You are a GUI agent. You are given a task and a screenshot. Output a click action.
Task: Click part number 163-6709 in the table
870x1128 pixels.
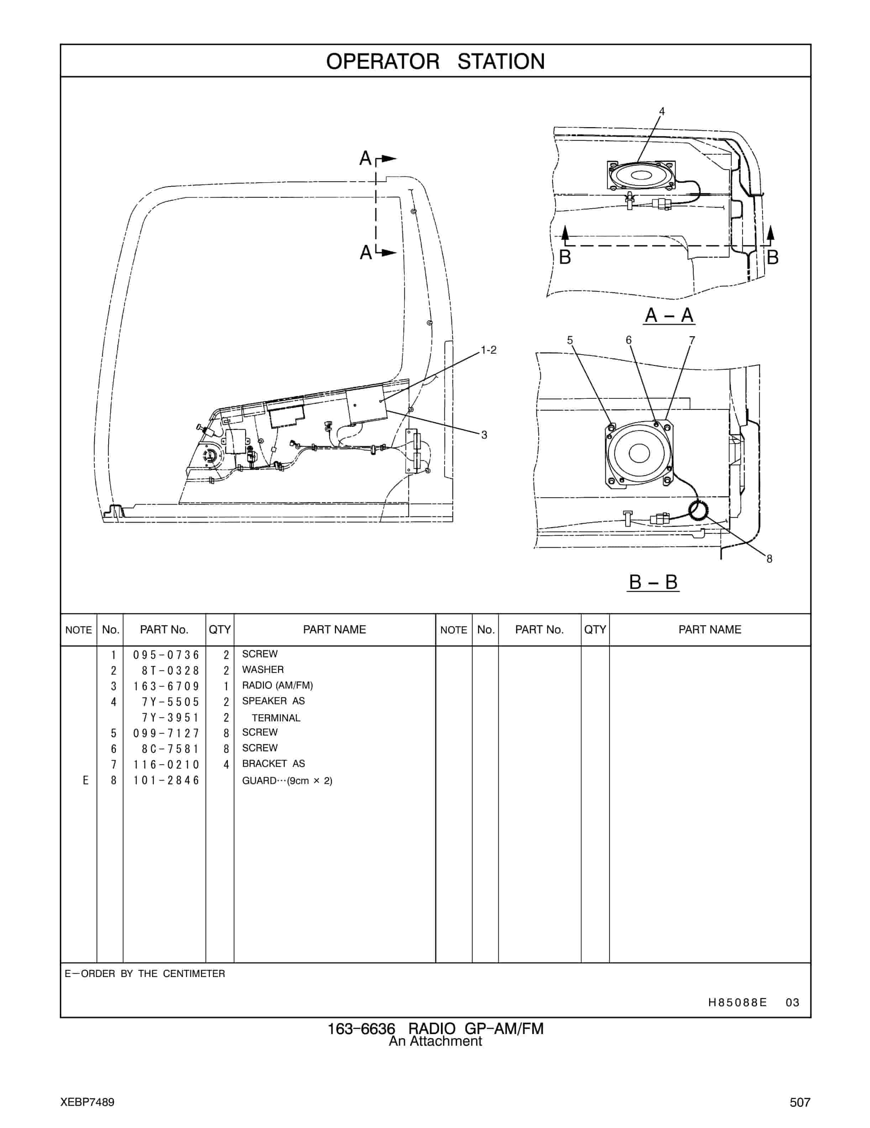pyautogui.click(x=166, y=686)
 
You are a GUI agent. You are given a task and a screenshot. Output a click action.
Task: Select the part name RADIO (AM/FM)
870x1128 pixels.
pyautogui.click(x=277, y=685)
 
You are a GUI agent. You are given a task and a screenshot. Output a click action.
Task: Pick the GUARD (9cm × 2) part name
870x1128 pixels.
pyautogui.click(x=287, y=780)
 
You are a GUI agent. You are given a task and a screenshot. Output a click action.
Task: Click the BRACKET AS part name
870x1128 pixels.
pyautogui.click(x=273, y=763)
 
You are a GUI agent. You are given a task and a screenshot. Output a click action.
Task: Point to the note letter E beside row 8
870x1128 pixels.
pyautogui.click(x=86, y=780)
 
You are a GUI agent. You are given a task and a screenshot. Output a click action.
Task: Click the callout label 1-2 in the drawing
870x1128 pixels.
pyautogui.click(x=488, y=350)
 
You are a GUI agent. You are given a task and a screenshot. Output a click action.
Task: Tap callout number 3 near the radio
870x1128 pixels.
pyautogui.click(x=484, y=435)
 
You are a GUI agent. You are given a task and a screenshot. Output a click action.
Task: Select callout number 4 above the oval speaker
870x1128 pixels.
pyautogui.click(x=661, y=111)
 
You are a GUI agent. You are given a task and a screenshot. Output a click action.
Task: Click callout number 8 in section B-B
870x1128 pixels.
pyautogui.click(x=769, y=559)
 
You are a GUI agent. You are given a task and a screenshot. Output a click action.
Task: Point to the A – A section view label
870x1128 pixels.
pyautogui.click(x=669, y=315)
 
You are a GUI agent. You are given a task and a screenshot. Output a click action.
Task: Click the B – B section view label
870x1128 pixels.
pyautogui.click(x=652, y=582)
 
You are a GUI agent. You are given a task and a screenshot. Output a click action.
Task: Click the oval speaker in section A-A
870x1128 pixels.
pyautogui.click(x=641, y=176)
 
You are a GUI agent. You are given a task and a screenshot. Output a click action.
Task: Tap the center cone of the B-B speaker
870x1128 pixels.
pyautogui.click(x=639, y=454)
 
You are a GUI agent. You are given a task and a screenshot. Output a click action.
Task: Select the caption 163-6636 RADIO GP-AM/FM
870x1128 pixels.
pyautogui.click(x=435, y=1029)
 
